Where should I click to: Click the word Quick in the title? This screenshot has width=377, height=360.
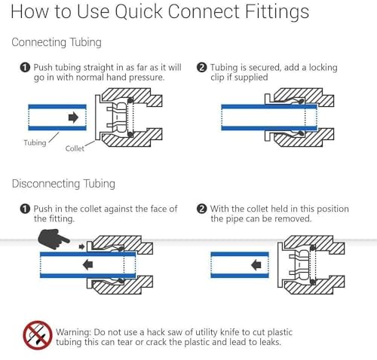click(x=139, y=12)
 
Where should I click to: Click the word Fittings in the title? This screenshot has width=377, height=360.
click(x=277, y=12)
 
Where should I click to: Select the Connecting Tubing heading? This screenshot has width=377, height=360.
click(x=57, y=42)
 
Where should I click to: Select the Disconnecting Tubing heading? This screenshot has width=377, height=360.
click(x=63, y=184)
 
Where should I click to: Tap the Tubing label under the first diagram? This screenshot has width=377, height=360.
click(x=35, y=143)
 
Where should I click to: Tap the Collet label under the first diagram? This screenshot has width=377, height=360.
click(x=75, y=148)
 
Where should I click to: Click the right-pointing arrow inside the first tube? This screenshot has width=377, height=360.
click(x=73, y=117)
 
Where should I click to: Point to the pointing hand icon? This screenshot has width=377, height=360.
click(x=53, y=239)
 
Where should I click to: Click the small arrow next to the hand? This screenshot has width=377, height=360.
click(x=81, y=246)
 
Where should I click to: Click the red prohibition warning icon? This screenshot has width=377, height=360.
click(x=38, y=335)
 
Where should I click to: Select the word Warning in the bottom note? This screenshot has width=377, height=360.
click(x=73, y=332)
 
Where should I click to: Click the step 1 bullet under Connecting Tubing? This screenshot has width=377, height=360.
click(x=25, y=67)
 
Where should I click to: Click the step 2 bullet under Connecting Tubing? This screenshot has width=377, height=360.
click(x=201, y=67)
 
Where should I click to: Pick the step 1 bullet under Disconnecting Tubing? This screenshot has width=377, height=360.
click(x=25, y=209)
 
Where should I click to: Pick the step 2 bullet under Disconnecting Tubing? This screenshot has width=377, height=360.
click(x=201, y=209)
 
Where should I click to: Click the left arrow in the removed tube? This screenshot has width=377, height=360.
click(x=256, y=265)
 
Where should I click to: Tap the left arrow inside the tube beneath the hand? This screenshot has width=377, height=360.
click(x=87, y=265)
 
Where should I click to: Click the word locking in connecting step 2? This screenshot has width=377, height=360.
click(x=323, y=68)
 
